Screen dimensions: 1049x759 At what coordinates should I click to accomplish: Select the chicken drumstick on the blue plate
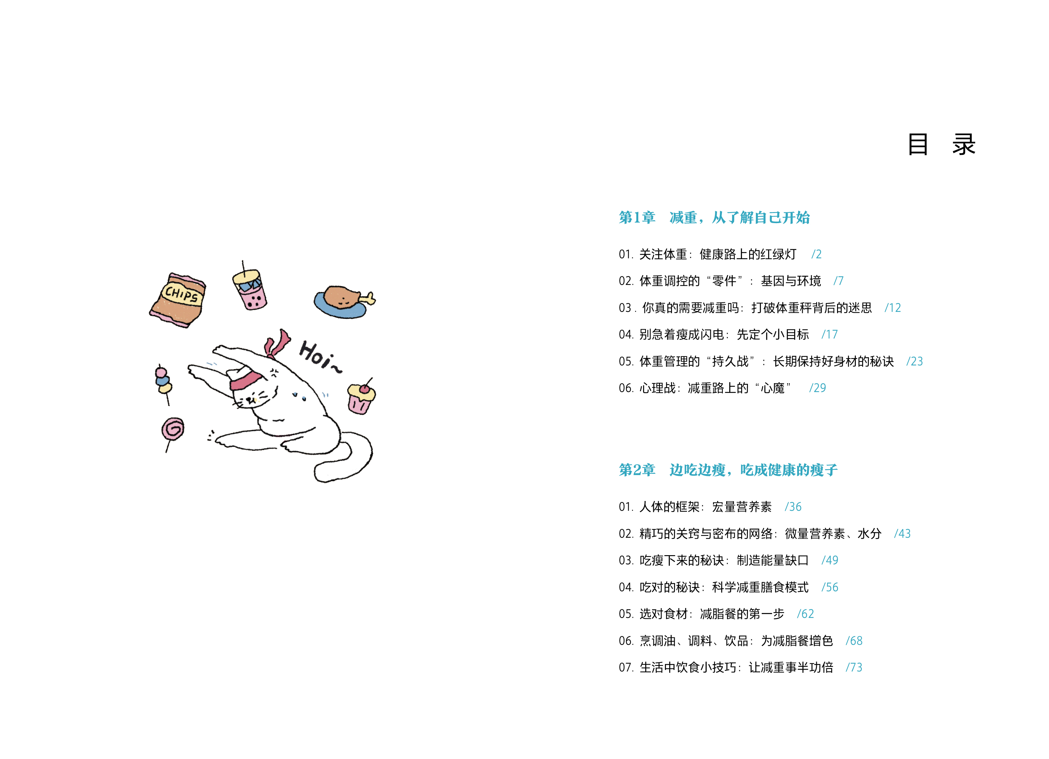(343, 301)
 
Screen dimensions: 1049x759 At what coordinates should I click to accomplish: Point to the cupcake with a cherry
(361, 398)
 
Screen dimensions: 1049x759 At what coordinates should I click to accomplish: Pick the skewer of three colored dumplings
(163, 381)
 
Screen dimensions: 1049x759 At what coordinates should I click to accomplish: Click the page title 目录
(941, 145)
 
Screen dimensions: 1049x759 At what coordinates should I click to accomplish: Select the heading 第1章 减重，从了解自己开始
(714, 217)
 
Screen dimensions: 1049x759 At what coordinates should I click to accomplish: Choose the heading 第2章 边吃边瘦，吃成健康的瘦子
(728, 470)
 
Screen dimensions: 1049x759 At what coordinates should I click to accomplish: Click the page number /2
(816, 254)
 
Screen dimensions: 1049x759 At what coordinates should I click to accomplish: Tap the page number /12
(893, 308)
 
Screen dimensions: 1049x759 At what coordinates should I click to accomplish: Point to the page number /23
(915, 361)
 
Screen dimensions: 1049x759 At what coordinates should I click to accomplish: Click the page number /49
(830, 561)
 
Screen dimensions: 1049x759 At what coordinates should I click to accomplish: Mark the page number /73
(854, 667)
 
